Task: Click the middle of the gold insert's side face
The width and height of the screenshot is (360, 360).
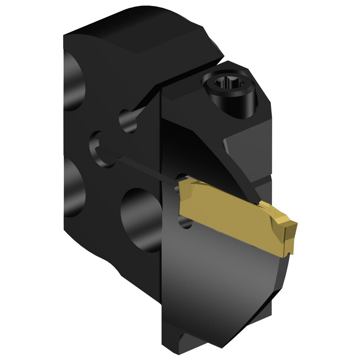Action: [230, 223]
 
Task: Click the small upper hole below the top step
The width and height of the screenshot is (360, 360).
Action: [128, 121]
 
